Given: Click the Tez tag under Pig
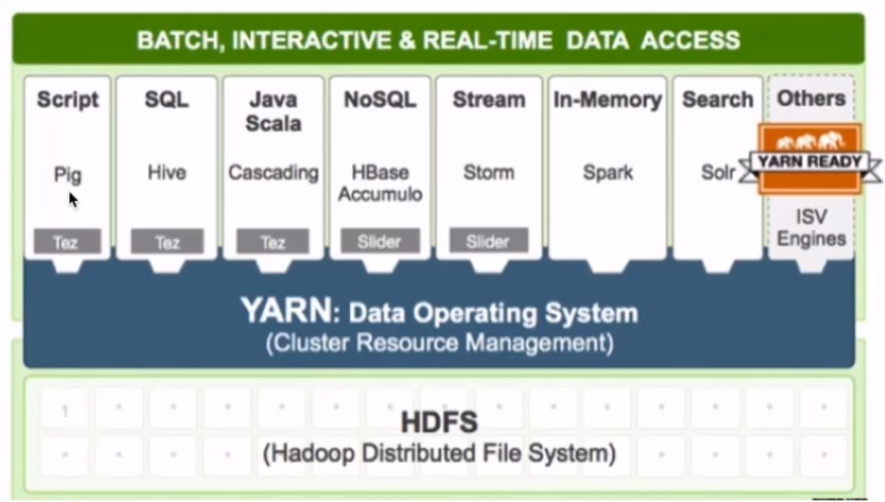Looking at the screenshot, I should coord(67,241).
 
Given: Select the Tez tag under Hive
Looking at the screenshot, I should coord(167,241).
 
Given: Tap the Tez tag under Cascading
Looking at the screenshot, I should coord(273,241).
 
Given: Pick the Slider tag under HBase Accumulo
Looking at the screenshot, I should coord(380,241).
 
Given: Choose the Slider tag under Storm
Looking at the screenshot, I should coord(488,241).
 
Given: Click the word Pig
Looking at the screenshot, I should coord(67,175).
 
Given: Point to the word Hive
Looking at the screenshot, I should coord(167,172).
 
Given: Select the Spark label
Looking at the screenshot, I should coord(608,172).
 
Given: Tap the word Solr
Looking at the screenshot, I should coord(718,172).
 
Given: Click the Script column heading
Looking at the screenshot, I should coord(68,99).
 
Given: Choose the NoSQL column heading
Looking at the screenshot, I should coord(380,99).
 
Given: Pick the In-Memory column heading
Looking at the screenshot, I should coord(608,100).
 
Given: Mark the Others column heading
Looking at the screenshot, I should coord(811,98).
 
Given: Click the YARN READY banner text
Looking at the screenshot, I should coord(809,161).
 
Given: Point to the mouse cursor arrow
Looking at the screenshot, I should coord(73,200).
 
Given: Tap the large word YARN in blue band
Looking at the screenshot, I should coord(286,311).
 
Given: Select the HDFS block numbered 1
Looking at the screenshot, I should coord(65,411).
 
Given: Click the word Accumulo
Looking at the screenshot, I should coord(380,194).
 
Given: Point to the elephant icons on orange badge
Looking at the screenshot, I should coord(809,142).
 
